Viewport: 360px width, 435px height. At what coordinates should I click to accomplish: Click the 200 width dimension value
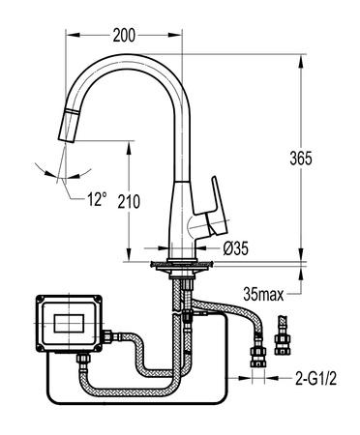click(x=124, y=35)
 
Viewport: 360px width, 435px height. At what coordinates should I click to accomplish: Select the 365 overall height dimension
click(x=301, y=159)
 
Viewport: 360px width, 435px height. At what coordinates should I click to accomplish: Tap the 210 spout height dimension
click(x=129, y=202)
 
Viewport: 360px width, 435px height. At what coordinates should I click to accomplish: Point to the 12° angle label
click(x=97, y=199)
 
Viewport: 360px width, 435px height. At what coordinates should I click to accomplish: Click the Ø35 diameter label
click(x=236, y=248)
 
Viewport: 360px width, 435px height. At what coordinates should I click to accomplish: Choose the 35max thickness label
click(x=263, y=294)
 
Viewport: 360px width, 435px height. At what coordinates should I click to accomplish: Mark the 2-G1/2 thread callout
click(x=315, y=378)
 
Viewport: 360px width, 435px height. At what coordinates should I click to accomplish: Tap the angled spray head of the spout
click(x=68, y=125)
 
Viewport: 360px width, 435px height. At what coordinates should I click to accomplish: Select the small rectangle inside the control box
click(x=69, y=323)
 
